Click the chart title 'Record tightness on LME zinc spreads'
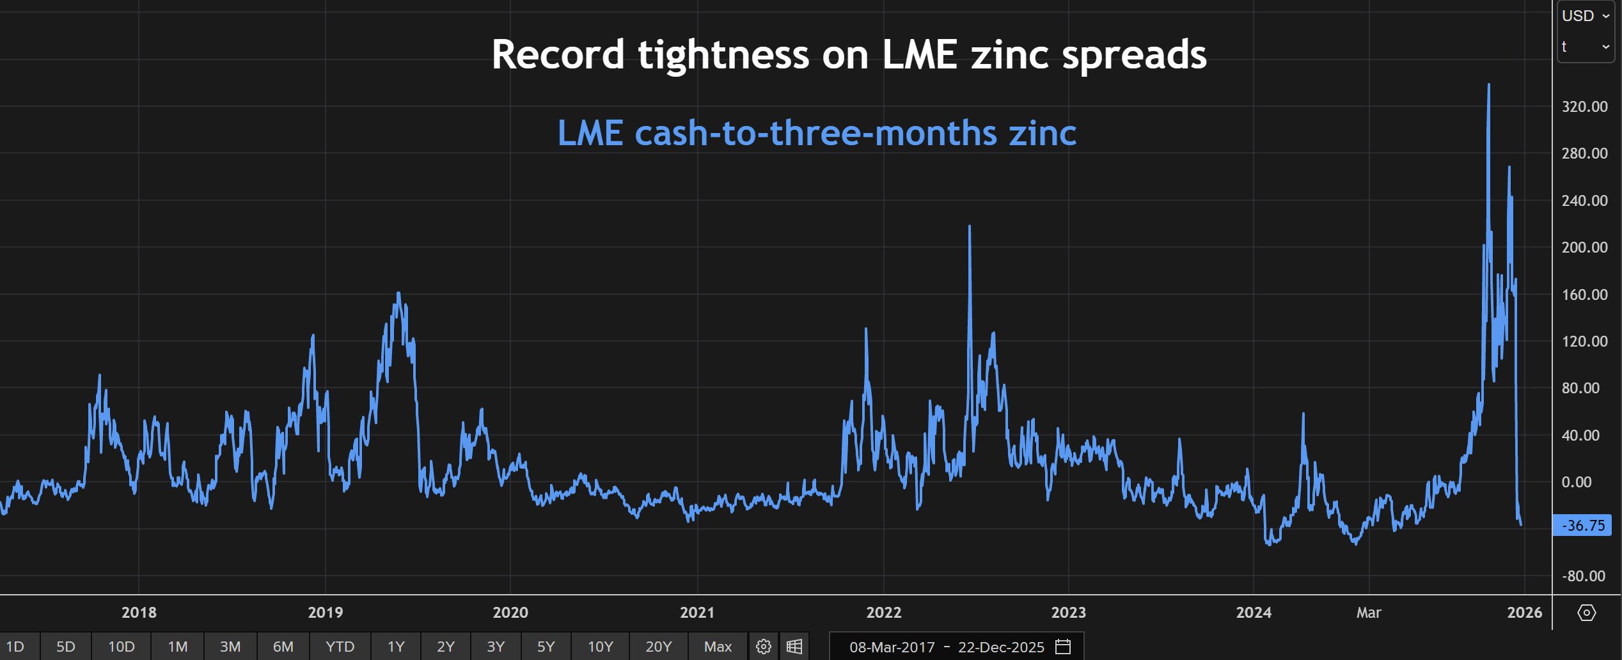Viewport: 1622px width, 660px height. tap(849, 54)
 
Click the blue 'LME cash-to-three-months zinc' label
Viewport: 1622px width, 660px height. tap(817, 133)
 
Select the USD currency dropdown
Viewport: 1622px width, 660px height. tap(1585, 16)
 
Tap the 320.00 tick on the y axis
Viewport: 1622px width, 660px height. tap(1584, 107)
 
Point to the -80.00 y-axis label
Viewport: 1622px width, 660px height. tap(1584, 576)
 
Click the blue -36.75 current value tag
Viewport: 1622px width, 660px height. tap(1582, 526)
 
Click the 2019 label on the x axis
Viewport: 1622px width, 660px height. tap(325, 613)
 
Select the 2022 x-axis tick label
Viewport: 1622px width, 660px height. tap(883, 613)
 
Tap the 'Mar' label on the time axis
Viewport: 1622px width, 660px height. tap(1368, 613)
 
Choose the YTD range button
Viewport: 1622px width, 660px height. tap(340, 647)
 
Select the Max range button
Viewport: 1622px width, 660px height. tap(718, 647)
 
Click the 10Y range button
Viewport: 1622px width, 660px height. tap(600, 647)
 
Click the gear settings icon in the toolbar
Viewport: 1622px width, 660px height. tap(763, 647)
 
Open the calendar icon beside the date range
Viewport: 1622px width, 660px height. tap(1063, 647)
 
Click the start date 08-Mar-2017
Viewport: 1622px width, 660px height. tap(892, 647)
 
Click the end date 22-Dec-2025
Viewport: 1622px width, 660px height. tap(1001, 647)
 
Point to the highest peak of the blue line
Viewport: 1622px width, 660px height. tap(1489, 84)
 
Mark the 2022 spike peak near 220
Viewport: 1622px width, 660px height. tap(970, 226)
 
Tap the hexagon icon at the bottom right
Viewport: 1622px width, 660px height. tap(1586, 613)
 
